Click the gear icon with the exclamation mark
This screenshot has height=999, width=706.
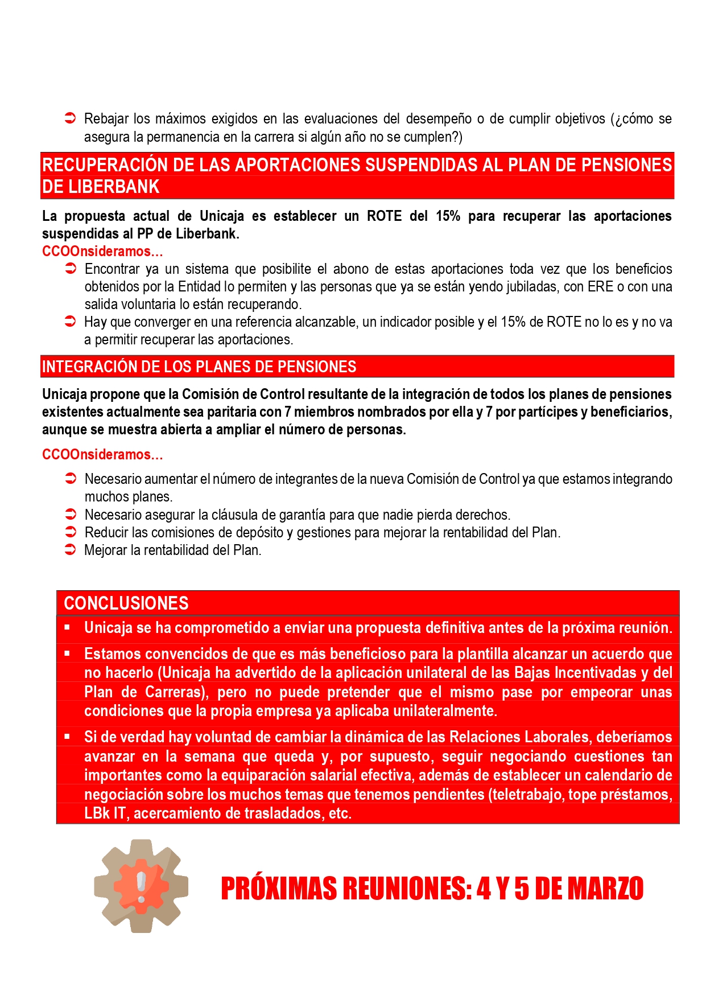(141, 886)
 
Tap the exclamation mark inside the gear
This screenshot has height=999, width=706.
(142, 885)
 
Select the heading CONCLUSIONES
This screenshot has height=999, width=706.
(126, 603)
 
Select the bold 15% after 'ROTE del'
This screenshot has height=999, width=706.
(448, 216)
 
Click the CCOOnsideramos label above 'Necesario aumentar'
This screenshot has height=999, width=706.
(102, 454)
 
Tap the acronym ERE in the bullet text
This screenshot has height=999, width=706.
(601, 286)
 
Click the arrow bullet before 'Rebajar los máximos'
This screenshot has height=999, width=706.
(71, 118)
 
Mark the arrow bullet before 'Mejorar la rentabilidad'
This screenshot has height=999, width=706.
(71, 550)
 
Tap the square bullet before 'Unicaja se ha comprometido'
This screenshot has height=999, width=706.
(67, 627)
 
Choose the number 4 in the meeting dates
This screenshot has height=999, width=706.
(484, 889)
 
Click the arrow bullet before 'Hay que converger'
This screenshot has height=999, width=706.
(71, 322)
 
